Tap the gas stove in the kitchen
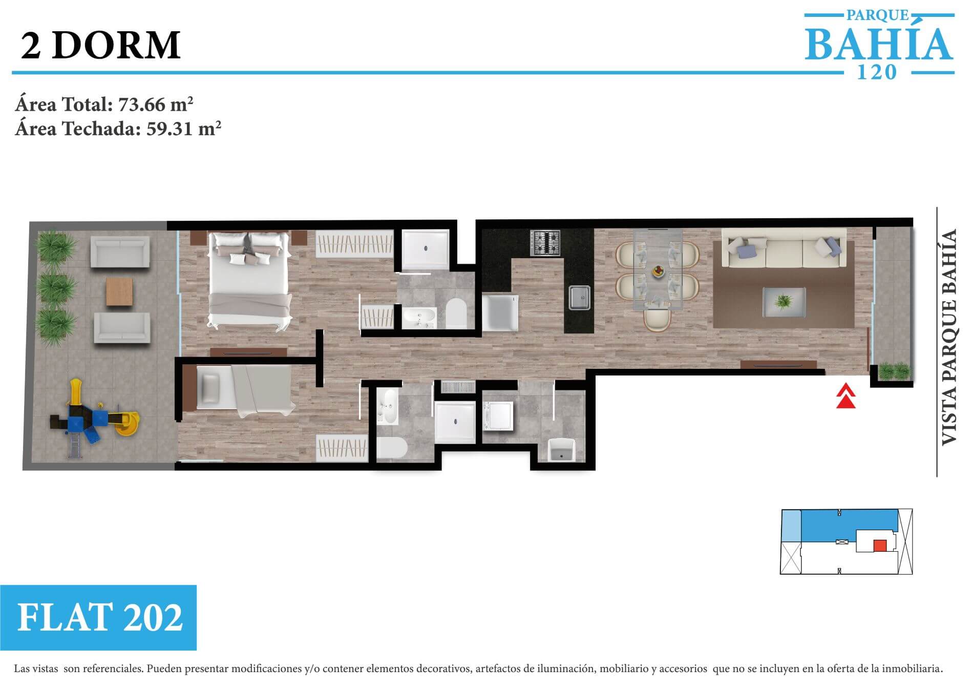[545, 243]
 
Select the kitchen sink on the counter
[580, 298]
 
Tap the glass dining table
[658, 269]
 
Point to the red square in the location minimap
[880, 546]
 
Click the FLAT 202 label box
[98, 617]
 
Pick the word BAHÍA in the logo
[879, 44]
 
